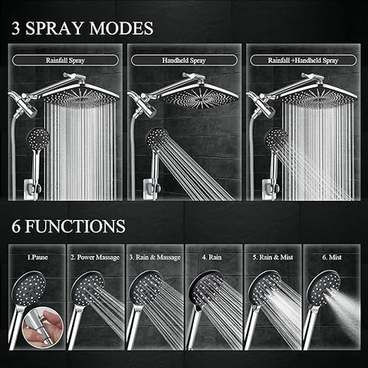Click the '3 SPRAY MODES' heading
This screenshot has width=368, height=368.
(x=82, y=28)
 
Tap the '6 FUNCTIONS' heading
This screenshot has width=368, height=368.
(x=68, y=226)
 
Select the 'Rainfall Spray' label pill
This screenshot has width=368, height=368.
(x=65, y=61)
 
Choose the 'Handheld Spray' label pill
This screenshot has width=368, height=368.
(x=184, y=61)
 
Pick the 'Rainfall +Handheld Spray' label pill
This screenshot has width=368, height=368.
(x=303, y=61)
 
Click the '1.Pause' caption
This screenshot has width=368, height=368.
(x=38, y=257)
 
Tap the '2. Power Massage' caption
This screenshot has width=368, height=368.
(x=95, y=258)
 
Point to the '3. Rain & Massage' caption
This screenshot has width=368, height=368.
(x=155, y=258)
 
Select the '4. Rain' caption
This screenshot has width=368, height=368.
(x=212, y=257)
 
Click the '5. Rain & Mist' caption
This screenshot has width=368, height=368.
(x=273, y=257)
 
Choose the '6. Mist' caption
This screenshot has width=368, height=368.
(x=332, y=257)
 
